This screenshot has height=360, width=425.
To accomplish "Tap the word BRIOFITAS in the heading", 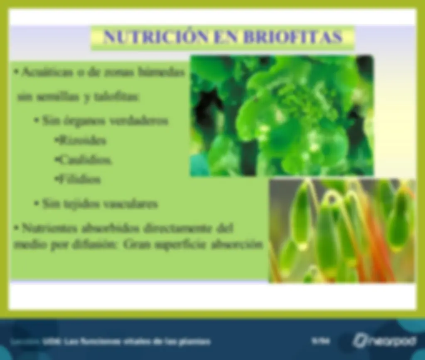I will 292,37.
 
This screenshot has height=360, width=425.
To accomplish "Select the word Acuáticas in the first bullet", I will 46,72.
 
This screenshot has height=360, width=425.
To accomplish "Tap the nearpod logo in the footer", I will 384,341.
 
